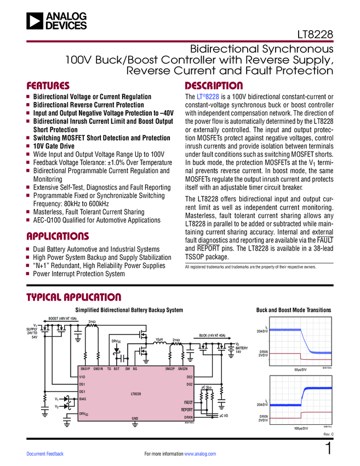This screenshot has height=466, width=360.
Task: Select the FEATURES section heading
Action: [x=48, y=86]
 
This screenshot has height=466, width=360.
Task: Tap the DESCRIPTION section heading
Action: [x=214, y=86]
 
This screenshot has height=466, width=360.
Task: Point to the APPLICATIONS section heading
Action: [x=58, y=237]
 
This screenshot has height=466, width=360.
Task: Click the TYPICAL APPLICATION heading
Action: [x=74, y=298]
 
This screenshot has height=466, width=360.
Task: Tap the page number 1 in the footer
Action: [x=328, y=450]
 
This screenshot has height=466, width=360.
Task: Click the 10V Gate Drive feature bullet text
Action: [x=55, y=146]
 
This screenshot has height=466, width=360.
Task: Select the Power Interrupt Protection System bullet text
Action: [x=79, y=274]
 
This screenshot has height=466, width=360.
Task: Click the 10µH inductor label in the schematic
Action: [x=160, y=340]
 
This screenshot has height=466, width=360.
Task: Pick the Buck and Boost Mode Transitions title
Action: [x=294, y=310]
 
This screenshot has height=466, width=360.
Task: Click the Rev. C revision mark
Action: [x=327, y=434]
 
